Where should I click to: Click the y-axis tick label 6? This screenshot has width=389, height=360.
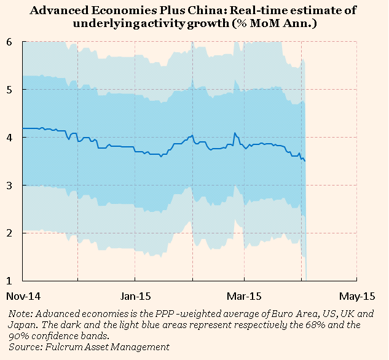pos(10,42)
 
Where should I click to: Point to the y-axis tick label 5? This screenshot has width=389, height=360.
pos(10,90)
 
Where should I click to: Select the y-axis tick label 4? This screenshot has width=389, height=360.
pos(10,138)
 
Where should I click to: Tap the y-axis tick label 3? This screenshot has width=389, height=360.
pos(10,186)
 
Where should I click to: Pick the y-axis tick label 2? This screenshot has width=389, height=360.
pos(10,233)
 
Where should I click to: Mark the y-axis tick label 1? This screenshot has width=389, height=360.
pos(10,281)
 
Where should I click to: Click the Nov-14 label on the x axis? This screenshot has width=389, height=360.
pos(23,294)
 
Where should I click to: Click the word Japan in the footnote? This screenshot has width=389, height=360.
pos(22,325)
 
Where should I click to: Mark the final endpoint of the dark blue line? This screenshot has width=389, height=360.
pos(305,161)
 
